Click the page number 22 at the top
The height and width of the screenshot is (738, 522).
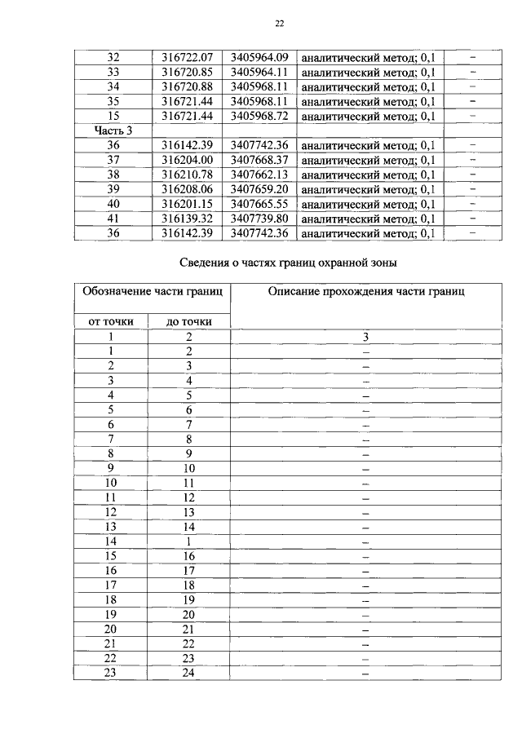pyautogui.click(x=279, y=24)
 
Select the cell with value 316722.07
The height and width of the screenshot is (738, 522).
pyautogui.click(x=187, y=58)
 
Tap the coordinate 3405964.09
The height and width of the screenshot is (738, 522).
pyautogui.click(x=259, y=58)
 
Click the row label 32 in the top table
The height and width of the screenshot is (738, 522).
pyautogui.click(x=113, y=58)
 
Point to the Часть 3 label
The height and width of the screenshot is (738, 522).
pyautogui.click(x=113, y=130)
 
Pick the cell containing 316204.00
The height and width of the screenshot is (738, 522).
pyautogui.click(x=187, y=160)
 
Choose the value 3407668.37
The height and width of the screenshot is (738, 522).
pyautogui.click(x=259, y=160)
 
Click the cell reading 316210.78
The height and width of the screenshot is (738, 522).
pyautogui.click(x=187, y=175)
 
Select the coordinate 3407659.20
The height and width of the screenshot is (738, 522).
pyautogui.click(x=259, y=189)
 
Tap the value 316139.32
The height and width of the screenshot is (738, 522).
pyautogui.click(x=187, y=219)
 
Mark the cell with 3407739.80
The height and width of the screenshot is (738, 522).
pyautogui.click(x=259, y=219)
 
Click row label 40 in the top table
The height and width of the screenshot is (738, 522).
pyautogui.click(x=113, y=204)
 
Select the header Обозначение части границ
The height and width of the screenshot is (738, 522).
pyautogui.click(x=152, y=292)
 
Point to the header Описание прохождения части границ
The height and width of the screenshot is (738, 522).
pyautogui.click(x=366, y=292)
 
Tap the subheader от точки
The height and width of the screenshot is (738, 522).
pyautogui.click(x=111, y=321)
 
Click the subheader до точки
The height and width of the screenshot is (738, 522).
pyautogui.click(x=189, y=321)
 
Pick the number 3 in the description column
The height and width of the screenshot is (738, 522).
pyautogui.click(x=366, y=336)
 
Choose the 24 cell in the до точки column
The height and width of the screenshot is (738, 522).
pyautogui.click(x=189, y=674)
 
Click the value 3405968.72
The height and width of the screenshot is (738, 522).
pyautogui.click(x=259, y=116)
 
